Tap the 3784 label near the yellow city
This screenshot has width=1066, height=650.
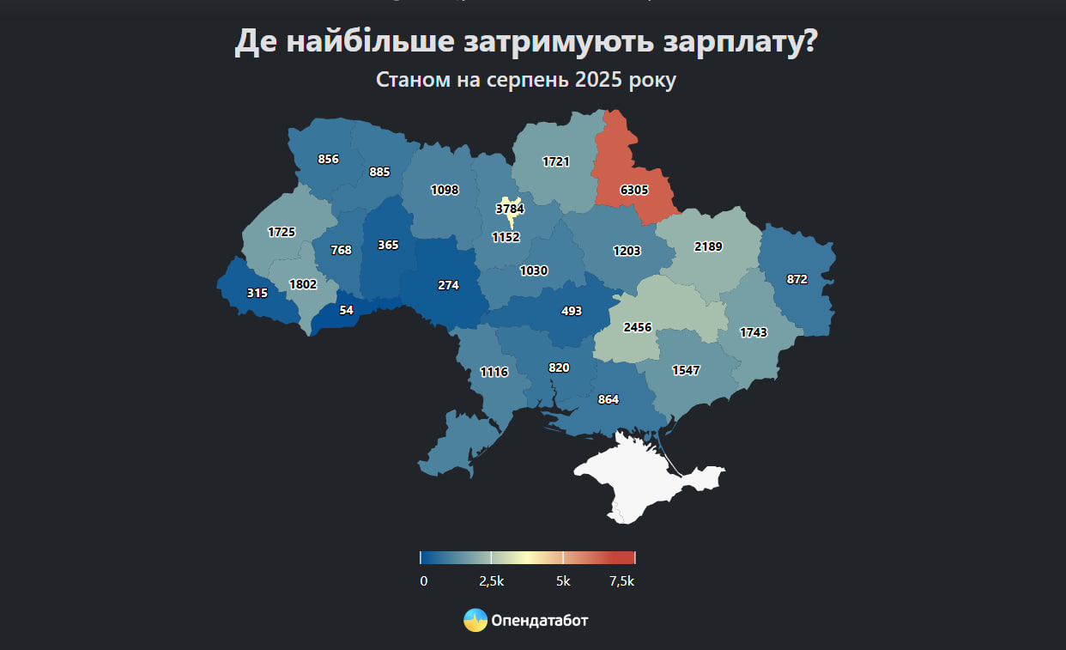click(x=510, y=208)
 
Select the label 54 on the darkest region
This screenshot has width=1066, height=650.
click(x=346, y=310)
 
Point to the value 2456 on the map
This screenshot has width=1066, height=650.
click(x=638, y=327)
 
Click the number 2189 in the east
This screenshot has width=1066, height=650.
click(x=708, y=246)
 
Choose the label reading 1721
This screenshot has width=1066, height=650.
click(x=556, y=161)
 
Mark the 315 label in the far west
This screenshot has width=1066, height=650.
click(x=257, y=293)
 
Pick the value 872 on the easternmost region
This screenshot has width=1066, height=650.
click(x=796, y=279)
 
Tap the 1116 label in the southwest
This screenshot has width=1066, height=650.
click(x=494, y=372)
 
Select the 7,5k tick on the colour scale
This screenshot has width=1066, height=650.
click(x=621, y=581)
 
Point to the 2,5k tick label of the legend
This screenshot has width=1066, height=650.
click(x=491, y=581)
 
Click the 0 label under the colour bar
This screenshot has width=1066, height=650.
click(x=424, y=581)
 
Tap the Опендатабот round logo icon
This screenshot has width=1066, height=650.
click(x=475, y=620)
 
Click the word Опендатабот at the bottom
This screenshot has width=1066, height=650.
click(x=540, y=620)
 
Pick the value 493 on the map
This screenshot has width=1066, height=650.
click(x=572, y=311)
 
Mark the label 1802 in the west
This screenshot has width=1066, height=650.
click(x=303, y=284)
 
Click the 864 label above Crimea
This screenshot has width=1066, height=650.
click(x=608, y=399)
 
